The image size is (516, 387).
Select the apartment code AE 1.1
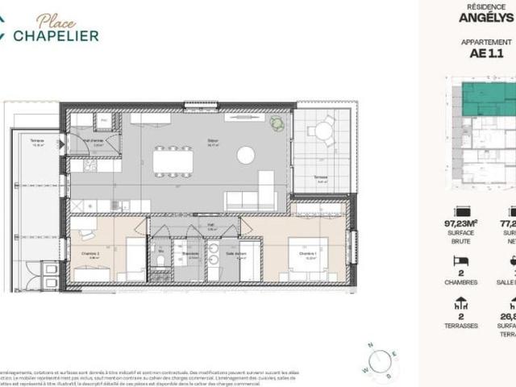click(486, 54)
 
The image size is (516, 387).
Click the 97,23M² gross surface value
click(461, 222)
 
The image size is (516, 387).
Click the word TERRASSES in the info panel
click(461, 325)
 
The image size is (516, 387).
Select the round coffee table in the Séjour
click(246, 155)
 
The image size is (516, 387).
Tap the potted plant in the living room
click(278, 123)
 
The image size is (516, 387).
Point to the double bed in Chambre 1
click(307, 258)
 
